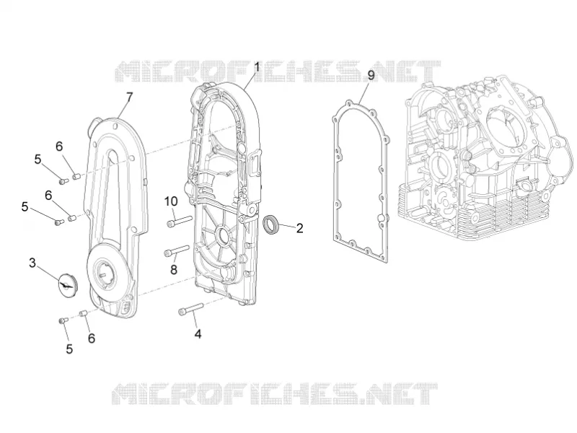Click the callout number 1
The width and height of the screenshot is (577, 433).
[257, 67]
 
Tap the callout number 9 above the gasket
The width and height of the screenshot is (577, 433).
[371, 75]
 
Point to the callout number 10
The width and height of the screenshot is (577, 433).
[171, 201]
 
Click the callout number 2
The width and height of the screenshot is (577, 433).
[299, 228]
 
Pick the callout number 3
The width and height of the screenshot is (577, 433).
[32, 263]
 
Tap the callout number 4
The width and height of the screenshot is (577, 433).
[198, 334]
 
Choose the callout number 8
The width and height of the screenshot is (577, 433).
[174, 270]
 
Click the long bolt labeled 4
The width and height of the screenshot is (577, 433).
[190, 309]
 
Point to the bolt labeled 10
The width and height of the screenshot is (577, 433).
[180, 221]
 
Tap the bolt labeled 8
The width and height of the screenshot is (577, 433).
[176, 250]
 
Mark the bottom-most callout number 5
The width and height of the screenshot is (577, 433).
[69, 349]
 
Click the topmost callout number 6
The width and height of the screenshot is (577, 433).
[59, 146]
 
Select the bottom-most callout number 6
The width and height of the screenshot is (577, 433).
[92, 338]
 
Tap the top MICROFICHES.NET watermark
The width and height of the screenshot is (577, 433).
[278, 71]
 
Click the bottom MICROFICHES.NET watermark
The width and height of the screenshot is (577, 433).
[275, 393]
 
